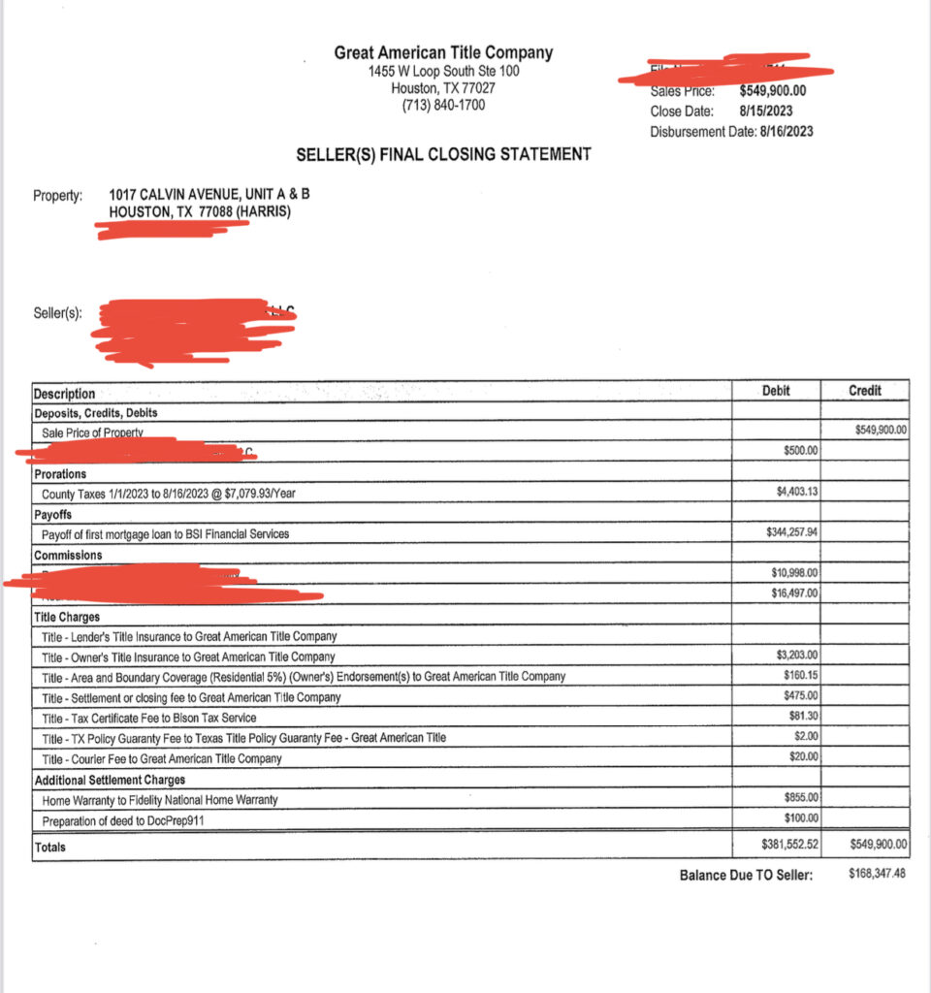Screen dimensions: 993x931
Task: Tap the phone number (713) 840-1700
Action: tap(443, 105)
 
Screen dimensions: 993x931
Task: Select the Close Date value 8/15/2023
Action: tap(765, 111)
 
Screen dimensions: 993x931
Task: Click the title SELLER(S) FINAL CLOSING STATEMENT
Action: tap(443, 154)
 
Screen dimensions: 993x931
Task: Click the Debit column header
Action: tap(776, 390)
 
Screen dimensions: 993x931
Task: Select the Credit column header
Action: tap(865, 390)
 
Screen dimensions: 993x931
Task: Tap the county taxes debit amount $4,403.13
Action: tap(798, 492)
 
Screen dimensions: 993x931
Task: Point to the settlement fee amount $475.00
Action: tap(801, 695)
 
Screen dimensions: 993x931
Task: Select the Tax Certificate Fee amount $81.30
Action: tap(803, 716)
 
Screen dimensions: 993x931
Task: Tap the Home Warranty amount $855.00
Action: tap(801, 797)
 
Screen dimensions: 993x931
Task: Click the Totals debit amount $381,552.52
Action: tap(791, 845)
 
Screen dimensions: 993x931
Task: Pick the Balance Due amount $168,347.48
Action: tap(877, 875)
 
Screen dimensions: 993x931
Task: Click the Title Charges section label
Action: tap(67, 616)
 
